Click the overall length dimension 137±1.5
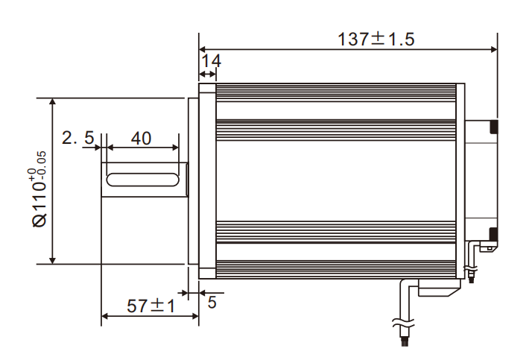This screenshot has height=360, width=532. coord(376,40)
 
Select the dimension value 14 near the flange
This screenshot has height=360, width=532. coord(212,60)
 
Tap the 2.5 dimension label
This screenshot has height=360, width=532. coord(77,138)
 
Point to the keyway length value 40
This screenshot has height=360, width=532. coord(141,138)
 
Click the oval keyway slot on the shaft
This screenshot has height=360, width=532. coord(142,180)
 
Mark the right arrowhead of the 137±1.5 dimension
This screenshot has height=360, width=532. coord(493,50)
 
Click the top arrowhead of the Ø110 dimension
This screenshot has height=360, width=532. coord(51,102)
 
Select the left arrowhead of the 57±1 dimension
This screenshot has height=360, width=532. coord(105,316)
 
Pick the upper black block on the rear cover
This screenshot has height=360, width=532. coord(493,127)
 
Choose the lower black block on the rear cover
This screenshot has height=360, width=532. coord(493,233)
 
